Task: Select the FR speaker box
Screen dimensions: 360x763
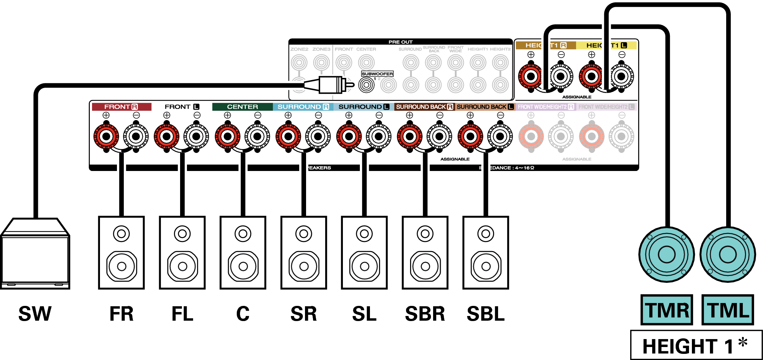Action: coord(121,253)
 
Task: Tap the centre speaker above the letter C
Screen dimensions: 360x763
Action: coord(243,253)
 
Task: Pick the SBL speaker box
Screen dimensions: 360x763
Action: coord(486,253)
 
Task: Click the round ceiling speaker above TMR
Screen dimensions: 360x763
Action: coord(666,254)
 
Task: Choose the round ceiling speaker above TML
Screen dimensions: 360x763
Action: coord(728,254)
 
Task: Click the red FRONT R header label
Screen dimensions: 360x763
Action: coord(121,107)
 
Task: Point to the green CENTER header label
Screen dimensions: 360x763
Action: coord(243,107)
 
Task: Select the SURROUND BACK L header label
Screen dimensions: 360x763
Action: coord(485,107)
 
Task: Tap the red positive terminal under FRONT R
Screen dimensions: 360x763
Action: coord(106,136)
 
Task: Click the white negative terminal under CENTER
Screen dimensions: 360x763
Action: coord(257,136)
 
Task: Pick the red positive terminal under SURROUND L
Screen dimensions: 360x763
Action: coord(349,136)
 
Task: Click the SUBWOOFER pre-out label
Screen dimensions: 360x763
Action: coord(377,74)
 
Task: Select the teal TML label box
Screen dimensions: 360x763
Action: coord(728,310)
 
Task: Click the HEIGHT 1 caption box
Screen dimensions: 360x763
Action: coord(696,345)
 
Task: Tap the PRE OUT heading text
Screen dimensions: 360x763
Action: coord(401,42)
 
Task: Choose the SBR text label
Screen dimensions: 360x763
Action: coord(425,313)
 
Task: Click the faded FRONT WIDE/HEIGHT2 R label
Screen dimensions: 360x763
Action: coord(545,107)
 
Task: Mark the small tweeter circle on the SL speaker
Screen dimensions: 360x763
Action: coord(364,234)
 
